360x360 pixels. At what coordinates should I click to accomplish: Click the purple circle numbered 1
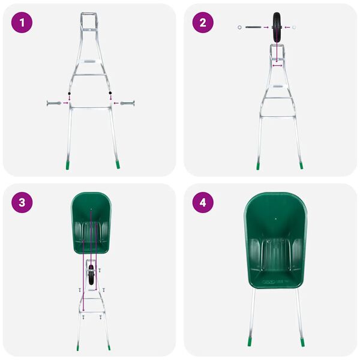(22, 23)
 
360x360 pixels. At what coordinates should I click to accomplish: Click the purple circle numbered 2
(203, 23)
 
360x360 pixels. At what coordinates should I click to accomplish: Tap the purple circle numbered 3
(22, 202)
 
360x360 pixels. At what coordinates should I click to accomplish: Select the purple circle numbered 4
(203, 202)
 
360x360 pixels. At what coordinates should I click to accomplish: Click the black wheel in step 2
(278, 27)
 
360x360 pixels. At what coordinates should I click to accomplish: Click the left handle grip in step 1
(51, 104)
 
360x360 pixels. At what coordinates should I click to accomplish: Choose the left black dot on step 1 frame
(69, 94)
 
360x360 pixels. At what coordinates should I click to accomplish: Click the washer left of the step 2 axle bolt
(240, 27)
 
